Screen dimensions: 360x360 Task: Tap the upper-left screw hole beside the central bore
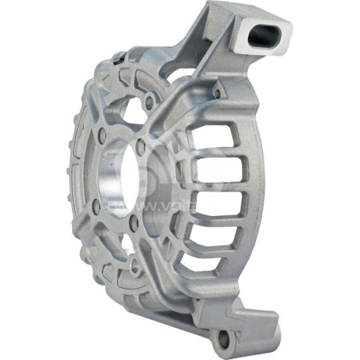coord(101,135)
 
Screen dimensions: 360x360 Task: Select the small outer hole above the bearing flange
coord(148,101)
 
